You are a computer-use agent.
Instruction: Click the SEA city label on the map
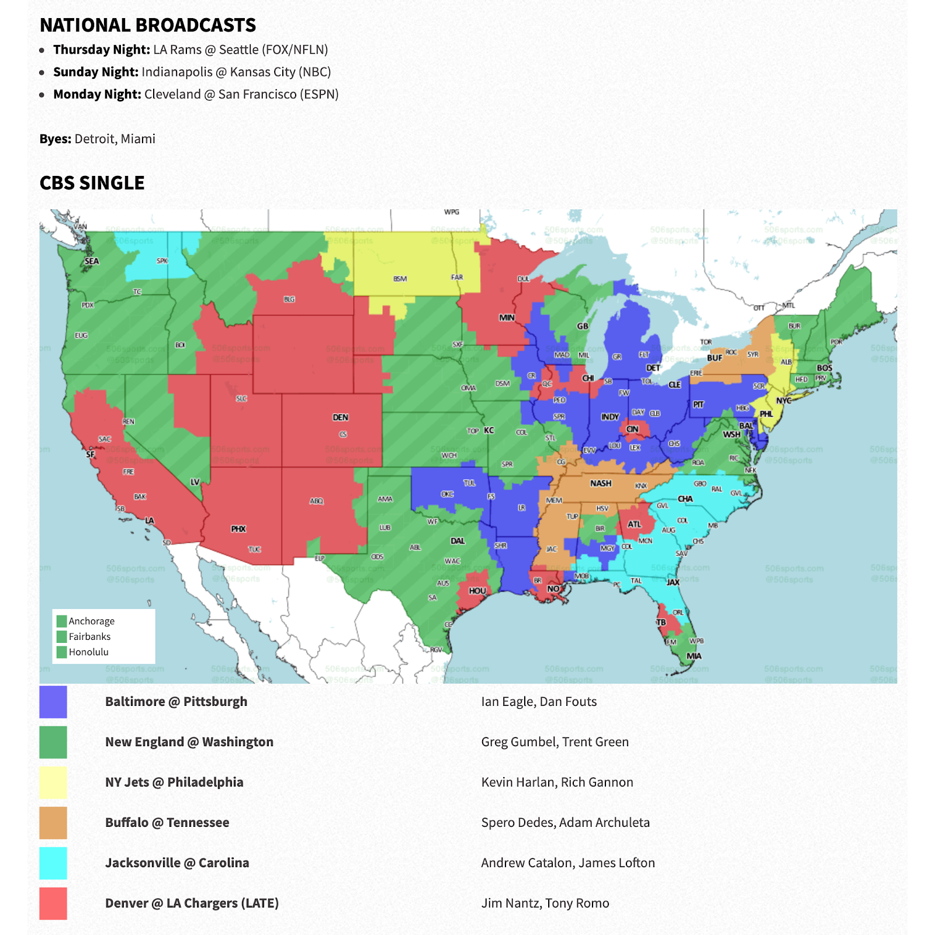(92, 261)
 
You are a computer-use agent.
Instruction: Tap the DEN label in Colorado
(340, 417)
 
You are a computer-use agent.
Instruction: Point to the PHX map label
(238, 529)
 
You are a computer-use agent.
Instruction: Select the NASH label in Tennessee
(600, 483)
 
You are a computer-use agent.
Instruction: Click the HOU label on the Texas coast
(477, 591)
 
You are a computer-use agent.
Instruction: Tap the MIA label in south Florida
(694, 656)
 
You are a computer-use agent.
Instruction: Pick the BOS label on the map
(824, 368)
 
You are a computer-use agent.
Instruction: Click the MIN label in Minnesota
(507, 318)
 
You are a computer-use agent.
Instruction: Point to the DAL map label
(458, 541)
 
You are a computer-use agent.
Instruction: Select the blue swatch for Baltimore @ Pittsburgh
(53, 702)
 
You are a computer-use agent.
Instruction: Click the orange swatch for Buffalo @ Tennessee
(53, 823)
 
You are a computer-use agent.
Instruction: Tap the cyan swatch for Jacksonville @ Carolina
(53, 863)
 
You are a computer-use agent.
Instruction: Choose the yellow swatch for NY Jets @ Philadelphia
(53, 782)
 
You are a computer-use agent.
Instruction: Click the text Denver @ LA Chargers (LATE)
(192, 903)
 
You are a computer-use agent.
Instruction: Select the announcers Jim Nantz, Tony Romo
(545, 903)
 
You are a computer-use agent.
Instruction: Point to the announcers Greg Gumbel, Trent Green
(555, 742)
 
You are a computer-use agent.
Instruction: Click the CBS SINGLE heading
(92, 183)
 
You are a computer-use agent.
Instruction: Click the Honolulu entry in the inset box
(88, 652)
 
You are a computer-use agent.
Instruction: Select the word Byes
(56, 138)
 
